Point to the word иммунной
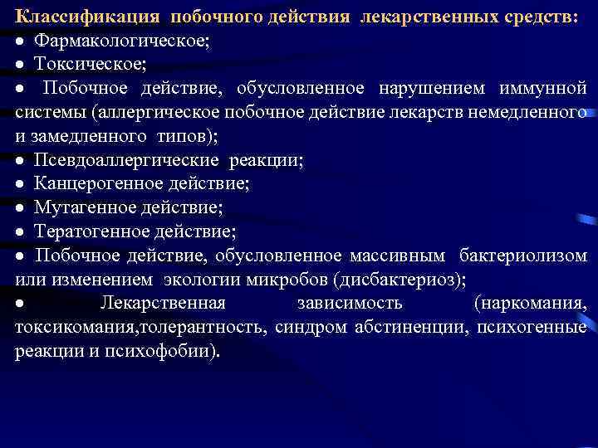(x=543, y=88)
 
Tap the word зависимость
(x=350, y=304)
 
